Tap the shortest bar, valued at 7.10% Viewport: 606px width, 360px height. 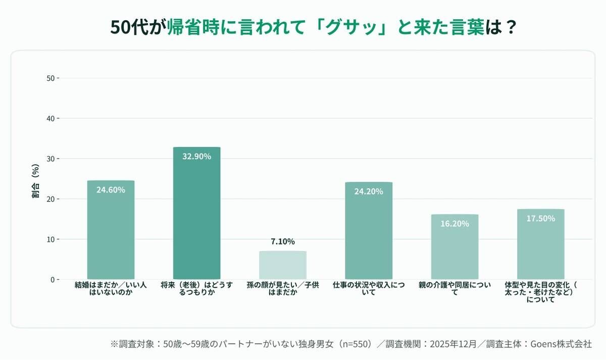[282, 265]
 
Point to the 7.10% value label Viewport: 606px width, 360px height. [282, 242]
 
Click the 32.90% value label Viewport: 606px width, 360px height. [196, 157]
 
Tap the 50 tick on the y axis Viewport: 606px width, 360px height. [50, 78]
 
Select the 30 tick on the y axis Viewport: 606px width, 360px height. [50, 159]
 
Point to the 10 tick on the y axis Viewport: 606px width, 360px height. [50, 239]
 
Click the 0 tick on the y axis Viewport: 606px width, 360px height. [53, 279]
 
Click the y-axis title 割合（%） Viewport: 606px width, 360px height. [36, 181]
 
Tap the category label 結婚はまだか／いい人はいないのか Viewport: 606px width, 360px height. [111, 289]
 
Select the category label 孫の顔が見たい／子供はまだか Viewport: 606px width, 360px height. [282, 289]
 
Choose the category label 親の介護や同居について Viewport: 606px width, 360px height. [454, 289]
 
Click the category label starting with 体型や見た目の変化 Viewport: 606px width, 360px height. [540, 292]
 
